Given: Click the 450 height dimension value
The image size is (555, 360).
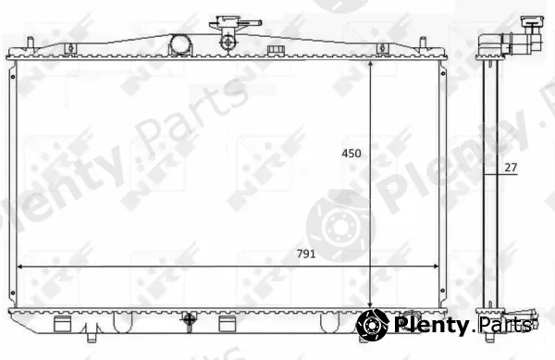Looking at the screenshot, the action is pyautogui.click(x=351, y=154).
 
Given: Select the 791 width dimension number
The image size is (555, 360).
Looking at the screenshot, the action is pyautogui.click(x=306, y=254).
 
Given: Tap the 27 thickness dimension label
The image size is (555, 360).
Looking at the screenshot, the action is pyautogui.click(x=511, y=168).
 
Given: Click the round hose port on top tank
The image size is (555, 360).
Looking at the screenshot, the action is pyautogui.click(x=180, y=44).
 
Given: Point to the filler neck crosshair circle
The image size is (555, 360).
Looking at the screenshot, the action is pyautogui.click(x=228, y=43).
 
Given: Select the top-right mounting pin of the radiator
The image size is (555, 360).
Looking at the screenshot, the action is pyautogui.click(x=423, y=44).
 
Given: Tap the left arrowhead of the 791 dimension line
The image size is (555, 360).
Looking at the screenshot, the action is pyautogui.click(x=20, y=267).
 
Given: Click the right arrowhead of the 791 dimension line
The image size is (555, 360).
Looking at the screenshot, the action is pyautogui.click(x=435, y=267).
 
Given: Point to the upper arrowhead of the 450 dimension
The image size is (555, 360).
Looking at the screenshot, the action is pyautogui.click(x=370, y=64).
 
